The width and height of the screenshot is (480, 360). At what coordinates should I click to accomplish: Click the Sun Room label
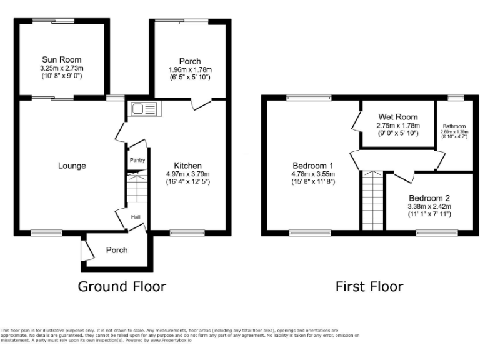pos(62,59)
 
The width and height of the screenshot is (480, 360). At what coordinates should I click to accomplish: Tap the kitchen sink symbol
pos(145,109)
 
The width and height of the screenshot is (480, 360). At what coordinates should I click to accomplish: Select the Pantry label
pos(137,160)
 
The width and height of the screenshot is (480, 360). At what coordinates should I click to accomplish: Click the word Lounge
pos(72,166)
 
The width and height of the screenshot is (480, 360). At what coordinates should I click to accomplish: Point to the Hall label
pos(136,217)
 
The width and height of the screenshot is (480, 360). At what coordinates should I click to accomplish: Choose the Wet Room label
pos(397,117)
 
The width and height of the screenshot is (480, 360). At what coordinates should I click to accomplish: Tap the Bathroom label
pos(453,126)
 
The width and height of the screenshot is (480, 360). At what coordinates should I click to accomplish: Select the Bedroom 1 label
pos(313,165)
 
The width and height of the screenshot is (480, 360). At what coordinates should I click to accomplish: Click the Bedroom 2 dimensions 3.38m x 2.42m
pos(429,206)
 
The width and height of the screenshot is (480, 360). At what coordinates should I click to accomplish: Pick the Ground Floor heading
pos(122,286)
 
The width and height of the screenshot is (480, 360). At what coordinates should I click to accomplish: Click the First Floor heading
pos(369,286)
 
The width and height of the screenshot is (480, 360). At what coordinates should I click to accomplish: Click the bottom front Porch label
pos(117,250)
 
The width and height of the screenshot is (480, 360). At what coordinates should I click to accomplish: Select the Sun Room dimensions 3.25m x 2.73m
pos(62,68)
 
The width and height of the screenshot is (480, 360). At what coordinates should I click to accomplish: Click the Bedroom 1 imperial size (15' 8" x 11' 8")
pos(313,182)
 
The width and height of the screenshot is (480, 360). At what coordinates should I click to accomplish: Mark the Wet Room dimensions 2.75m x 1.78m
pos(397,125)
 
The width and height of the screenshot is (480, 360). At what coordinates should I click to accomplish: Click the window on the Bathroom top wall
pos(455,97)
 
